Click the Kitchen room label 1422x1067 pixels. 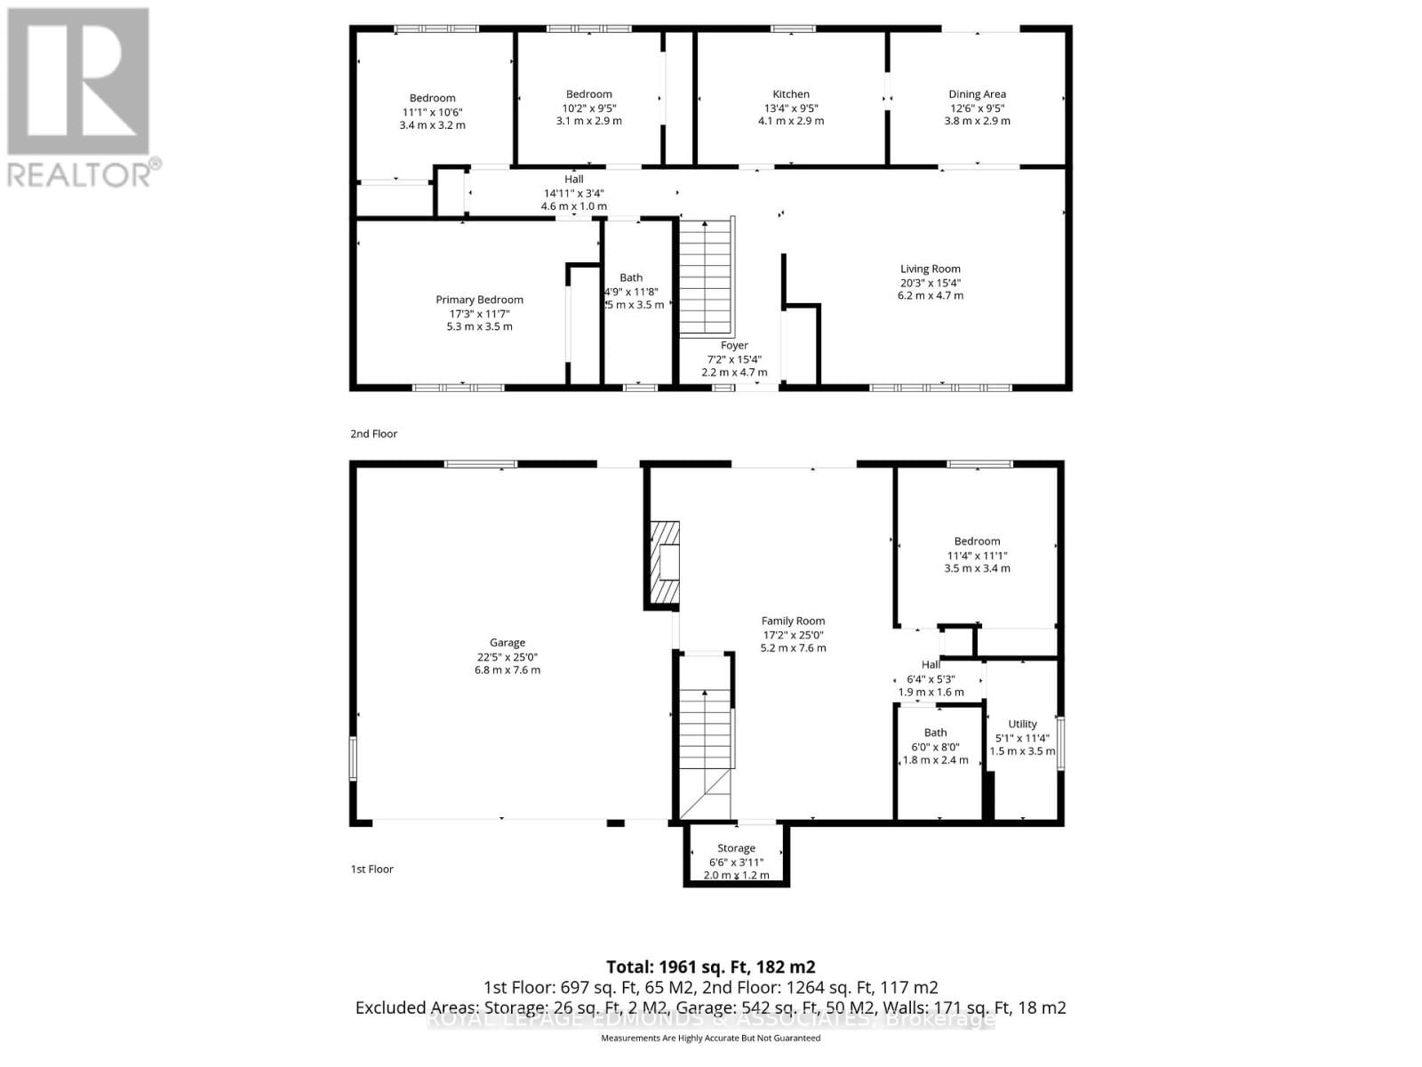click(790, 94)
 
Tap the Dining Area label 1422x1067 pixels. click(977, 94)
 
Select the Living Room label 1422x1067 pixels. click(930, 269)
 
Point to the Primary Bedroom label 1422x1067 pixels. click(479, 300)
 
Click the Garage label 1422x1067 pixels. click(507, 643)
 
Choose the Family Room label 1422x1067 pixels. click(793, 622)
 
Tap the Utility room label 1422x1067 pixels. click(1022, 724)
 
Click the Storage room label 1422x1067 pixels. click(736, 848)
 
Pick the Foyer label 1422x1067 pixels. click(734, 345)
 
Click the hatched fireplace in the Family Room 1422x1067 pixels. click(663, 564)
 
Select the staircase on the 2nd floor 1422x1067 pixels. click(707, 276)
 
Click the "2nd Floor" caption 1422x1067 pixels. click(373, 434)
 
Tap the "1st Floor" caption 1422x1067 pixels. click(371, 869)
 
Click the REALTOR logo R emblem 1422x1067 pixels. click(78, 83)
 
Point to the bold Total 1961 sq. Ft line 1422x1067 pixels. click(710, 967)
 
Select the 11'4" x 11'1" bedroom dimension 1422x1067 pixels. click(977, 556)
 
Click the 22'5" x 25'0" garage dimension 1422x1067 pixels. click(507, 657)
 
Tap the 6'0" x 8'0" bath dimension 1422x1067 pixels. click(935, 747)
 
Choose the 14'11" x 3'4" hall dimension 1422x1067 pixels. click(574, 193)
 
